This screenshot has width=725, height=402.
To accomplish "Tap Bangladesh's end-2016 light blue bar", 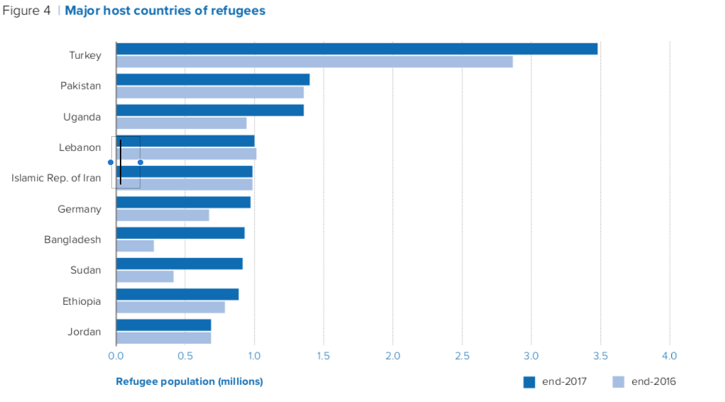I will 135,246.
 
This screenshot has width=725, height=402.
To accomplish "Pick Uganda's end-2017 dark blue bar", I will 210,110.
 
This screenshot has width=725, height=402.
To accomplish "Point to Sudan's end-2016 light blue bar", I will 145,277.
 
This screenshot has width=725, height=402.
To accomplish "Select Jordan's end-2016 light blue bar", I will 163,337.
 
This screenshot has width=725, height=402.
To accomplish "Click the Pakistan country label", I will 80,86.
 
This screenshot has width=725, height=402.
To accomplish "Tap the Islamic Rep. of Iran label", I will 56,178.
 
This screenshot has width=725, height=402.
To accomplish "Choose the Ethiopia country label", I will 82,301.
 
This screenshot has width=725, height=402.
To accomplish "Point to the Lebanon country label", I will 79,147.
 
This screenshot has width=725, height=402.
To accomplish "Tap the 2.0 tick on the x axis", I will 393,355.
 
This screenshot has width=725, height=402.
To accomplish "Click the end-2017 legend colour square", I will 528,382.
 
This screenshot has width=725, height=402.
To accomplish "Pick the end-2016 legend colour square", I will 618,382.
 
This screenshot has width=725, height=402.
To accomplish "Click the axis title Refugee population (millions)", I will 189,381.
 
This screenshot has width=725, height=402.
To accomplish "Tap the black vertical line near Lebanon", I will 121,162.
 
